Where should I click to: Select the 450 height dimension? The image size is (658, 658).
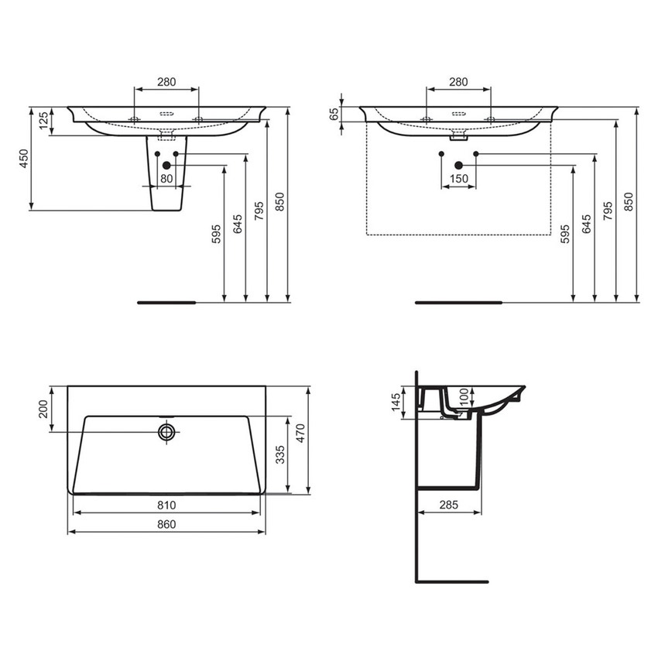point(24,159)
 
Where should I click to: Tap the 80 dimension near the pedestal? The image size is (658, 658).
point(166,179)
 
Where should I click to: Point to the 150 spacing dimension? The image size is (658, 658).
point(458,179)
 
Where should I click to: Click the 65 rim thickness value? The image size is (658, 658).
point(334,115)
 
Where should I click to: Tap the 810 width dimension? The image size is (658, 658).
point(166,505)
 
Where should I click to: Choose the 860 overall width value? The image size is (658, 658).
point(166,525)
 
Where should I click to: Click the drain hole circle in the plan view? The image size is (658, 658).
point(166,432)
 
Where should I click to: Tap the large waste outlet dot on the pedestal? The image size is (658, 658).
point(166,165)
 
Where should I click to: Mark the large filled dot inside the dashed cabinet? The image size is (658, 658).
point(458,165)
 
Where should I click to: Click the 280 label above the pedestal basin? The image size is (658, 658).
point(166,81)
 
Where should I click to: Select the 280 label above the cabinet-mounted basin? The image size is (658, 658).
point(458,81)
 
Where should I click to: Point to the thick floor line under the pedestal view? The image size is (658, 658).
point(167,302)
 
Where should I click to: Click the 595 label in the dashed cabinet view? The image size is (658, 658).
point(565,234)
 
